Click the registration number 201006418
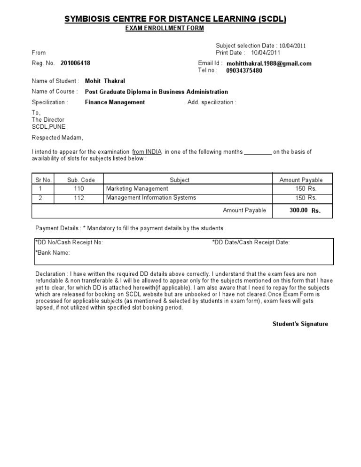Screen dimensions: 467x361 tap(75, 63)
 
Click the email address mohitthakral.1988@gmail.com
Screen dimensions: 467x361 tap(269, 63)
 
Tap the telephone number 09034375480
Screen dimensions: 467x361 tap(244, 71)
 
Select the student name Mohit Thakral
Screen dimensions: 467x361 tap(105, 81)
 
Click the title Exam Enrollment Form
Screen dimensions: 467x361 tap(165, 29)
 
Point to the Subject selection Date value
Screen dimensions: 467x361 tap(293, 46)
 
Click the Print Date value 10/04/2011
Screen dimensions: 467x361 tap(266, 53)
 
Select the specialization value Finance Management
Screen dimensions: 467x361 tap(115, 102)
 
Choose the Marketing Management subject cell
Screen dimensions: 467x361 tap(137, 188)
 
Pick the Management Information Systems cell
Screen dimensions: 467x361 tap(151, 198)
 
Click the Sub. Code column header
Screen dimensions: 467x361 tap(81, 180)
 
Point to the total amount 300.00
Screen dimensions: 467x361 tap(298, 210)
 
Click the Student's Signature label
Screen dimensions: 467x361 tap(300, 324)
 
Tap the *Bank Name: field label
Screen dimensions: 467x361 tap(53, 253)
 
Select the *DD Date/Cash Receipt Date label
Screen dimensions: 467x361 tap(251, 243)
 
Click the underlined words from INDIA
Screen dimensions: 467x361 tap(147, 152)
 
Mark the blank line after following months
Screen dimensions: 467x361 tap(258, 152)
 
